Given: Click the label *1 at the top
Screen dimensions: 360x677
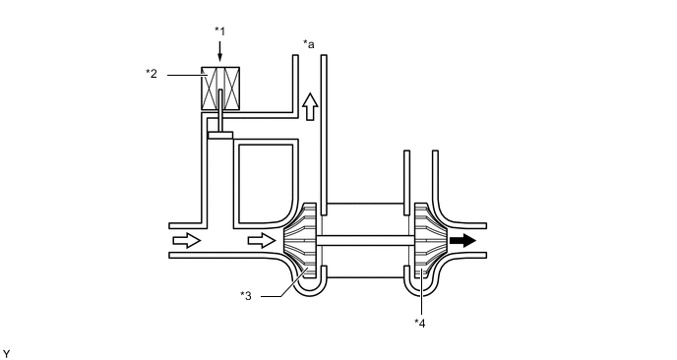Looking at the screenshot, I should coord(219,31).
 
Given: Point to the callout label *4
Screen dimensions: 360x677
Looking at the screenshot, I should coord(421,321).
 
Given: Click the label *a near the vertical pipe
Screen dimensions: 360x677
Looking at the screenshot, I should coord(309,44).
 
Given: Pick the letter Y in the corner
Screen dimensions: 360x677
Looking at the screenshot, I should coord(7,351).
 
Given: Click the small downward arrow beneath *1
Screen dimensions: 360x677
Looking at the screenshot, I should coord(219,53).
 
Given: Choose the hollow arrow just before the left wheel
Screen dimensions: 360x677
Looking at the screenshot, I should coord(262,240).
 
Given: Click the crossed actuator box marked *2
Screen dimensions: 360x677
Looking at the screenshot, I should coord(219,89).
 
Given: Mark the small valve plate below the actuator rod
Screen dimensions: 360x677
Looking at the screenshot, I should coord(219,136).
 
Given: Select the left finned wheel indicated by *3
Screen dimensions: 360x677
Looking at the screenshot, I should coord(304,240).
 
